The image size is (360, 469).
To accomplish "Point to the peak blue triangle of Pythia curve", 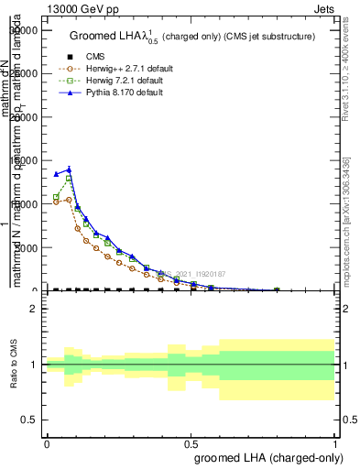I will (69, 169).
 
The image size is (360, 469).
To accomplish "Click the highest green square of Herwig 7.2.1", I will (69, 179).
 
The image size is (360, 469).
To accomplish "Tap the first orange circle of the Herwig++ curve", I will (57, 202).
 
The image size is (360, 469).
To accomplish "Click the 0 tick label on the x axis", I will (47, 442).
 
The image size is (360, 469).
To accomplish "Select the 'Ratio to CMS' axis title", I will (14, 365).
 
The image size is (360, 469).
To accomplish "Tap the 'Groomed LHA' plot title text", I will (192, 36).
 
